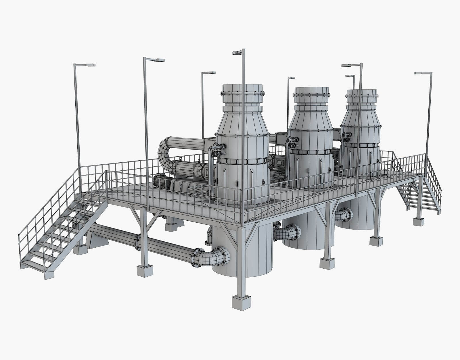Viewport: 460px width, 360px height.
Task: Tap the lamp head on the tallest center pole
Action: click(237, 52)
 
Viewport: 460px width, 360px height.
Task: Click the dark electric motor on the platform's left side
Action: click(160, 182)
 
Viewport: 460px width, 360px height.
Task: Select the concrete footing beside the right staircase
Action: click(418, 222)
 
